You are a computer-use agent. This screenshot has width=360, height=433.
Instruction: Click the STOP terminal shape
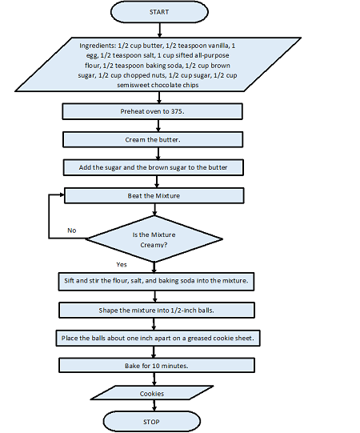pos(152,421)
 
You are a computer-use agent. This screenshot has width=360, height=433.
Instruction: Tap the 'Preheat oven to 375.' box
pos(152,112)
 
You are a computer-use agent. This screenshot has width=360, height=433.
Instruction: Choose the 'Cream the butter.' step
pos(152,139)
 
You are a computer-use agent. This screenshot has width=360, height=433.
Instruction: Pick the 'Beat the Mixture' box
pos(152,194)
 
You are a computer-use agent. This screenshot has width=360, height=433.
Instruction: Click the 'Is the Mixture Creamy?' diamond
pos(152,239)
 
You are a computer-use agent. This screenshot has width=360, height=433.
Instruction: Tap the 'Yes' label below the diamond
pos(122,263)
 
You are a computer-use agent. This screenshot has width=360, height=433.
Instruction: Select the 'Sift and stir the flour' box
pos(157,281)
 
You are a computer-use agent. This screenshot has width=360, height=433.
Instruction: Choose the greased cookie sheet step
pos(157,338)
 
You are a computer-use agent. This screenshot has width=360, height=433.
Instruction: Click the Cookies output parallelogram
pos(152,394)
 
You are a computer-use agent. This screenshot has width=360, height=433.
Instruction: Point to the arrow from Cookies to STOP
pos(152,406)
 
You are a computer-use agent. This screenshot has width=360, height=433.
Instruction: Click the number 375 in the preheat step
pos(176,112)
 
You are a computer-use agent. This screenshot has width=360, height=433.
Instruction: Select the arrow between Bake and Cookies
pos(152,379)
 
